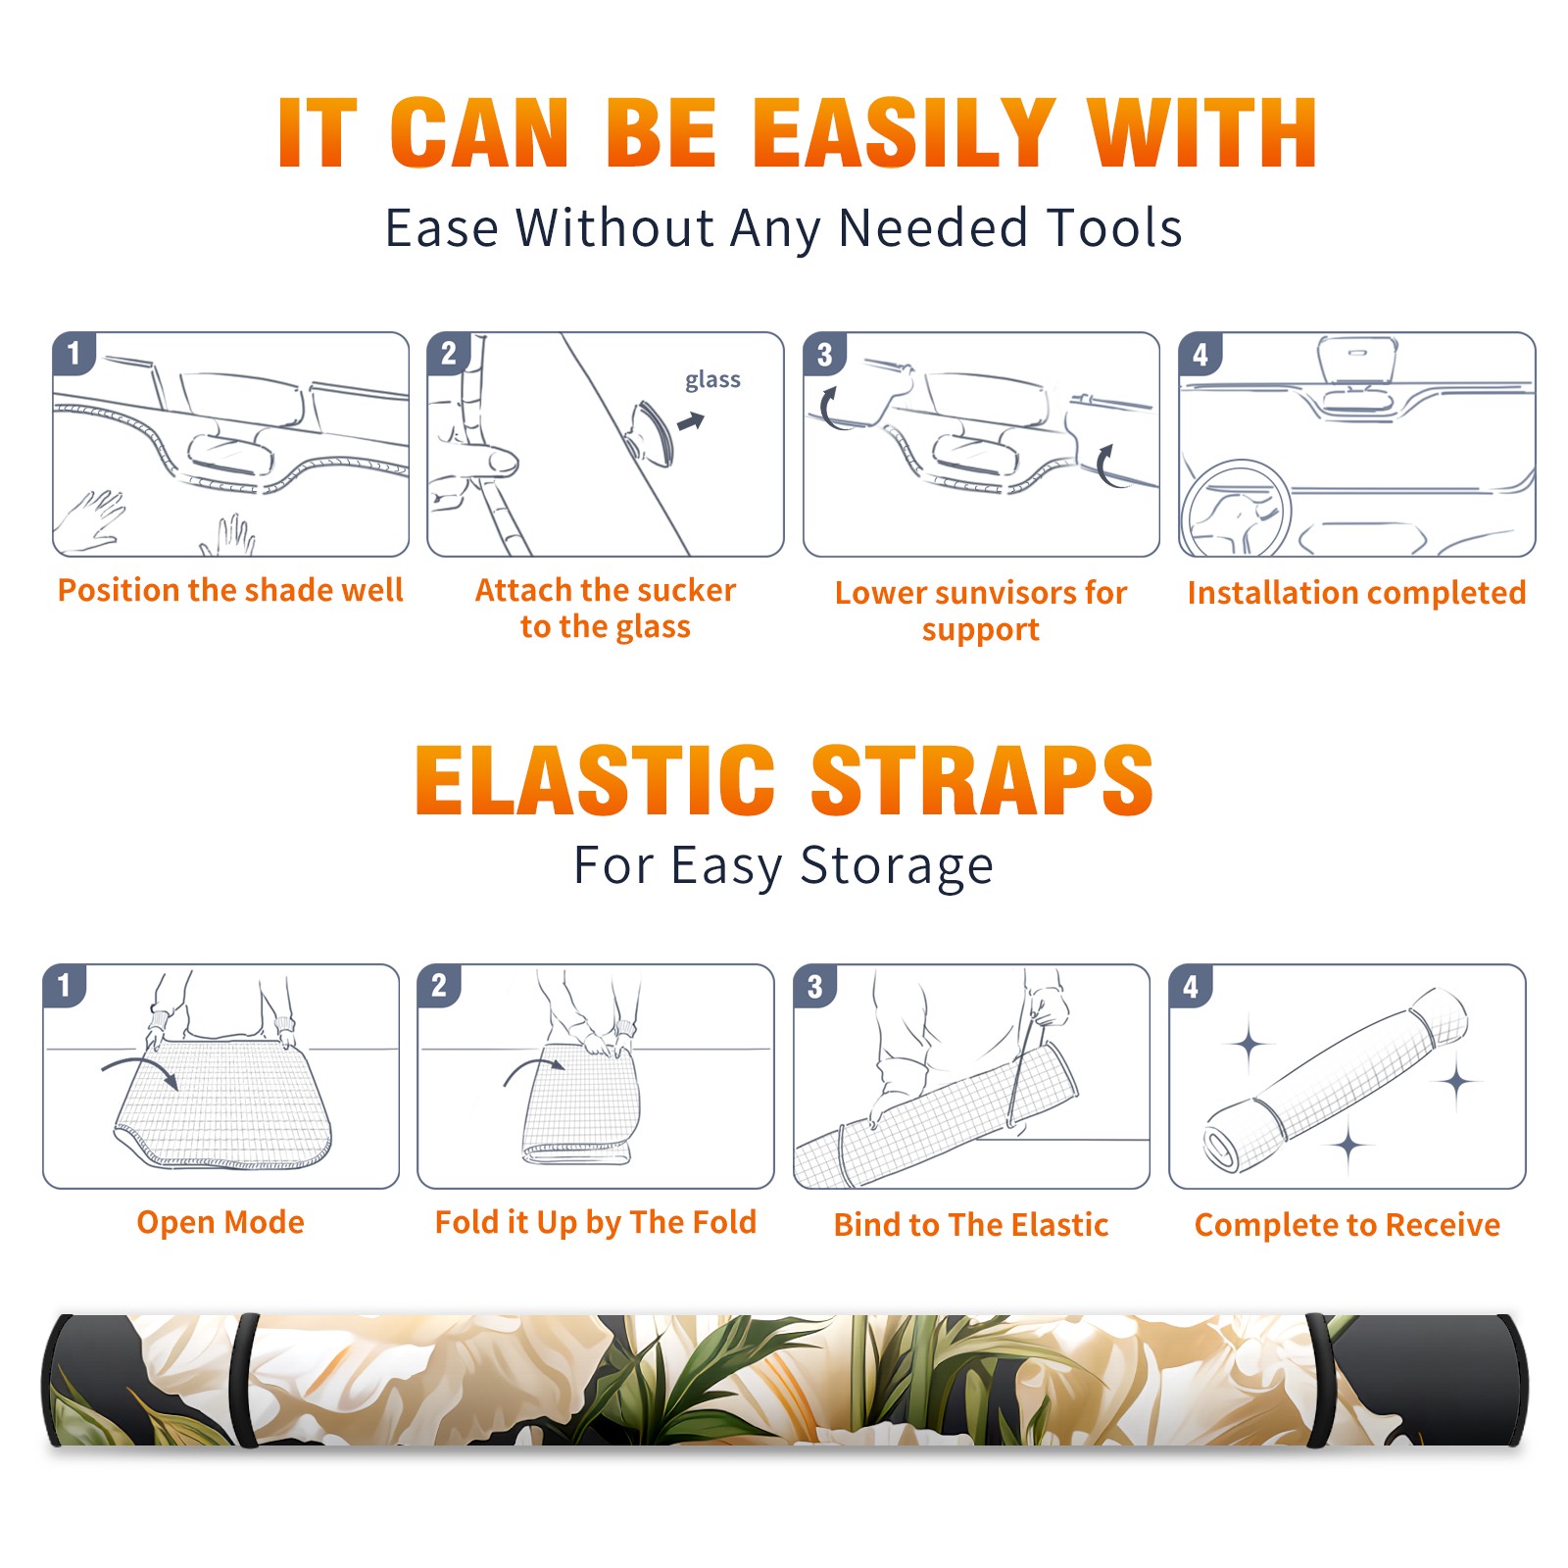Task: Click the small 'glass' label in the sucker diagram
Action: click(x=712, y=380)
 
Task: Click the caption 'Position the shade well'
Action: click(x=230, y=590)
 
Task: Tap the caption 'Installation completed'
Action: click(x=1356, y=593)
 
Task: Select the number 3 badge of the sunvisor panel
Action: click(x=824, y=355)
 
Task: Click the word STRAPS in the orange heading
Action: click(x=982, y=780)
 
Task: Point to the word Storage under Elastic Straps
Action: click(x=897, y=866)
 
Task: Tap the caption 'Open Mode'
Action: click(x=220, y=1222)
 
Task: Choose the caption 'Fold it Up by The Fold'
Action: click(x=596, y=1223)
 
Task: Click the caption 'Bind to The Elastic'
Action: click(x=971, y=1225)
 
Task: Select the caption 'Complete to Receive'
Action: click(x=1347, y=1225)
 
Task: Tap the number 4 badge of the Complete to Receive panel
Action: click(x=1190, y=986)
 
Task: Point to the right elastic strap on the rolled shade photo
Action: click(x=1321, y=1380)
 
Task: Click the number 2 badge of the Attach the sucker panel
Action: click(x=448, y=354)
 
